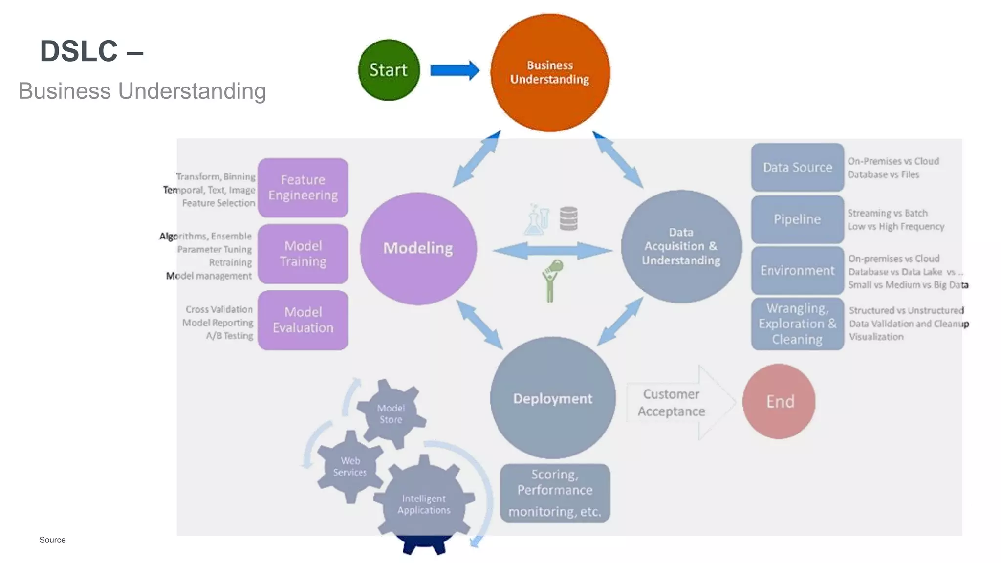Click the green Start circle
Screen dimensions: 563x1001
tap(389, 70)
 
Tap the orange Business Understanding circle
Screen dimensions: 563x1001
tap(550, 72)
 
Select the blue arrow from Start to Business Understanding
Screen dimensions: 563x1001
tap(454, 70)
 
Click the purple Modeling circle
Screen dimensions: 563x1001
tap(418, 248)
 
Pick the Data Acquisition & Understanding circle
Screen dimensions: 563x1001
tap(681, 246)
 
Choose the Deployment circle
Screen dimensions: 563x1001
tap(552, 398)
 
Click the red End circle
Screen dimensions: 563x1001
tap(779, 401)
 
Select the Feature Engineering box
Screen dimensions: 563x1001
tap(303, 188)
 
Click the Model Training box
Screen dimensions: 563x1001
tap(303, 254)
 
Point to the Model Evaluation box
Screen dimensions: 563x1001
tap(303, 320)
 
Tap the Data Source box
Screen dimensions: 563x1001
tap(797, 167)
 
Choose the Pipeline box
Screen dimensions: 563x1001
tap(797, 219)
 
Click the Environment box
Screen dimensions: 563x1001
tap(797, 270)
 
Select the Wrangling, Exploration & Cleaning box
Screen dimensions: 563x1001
tap(797, 324)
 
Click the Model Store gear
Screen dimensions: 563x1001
tap(391, 413)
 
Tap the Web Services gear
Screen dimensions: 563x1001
tap(350, 466)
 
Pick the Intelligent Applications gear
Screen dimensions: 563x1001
tap(424, 503)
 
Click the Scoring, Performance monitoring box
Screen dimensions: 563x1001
tap(555, 493)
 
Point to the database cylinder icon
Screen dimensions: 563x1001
tap(568, 218)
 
